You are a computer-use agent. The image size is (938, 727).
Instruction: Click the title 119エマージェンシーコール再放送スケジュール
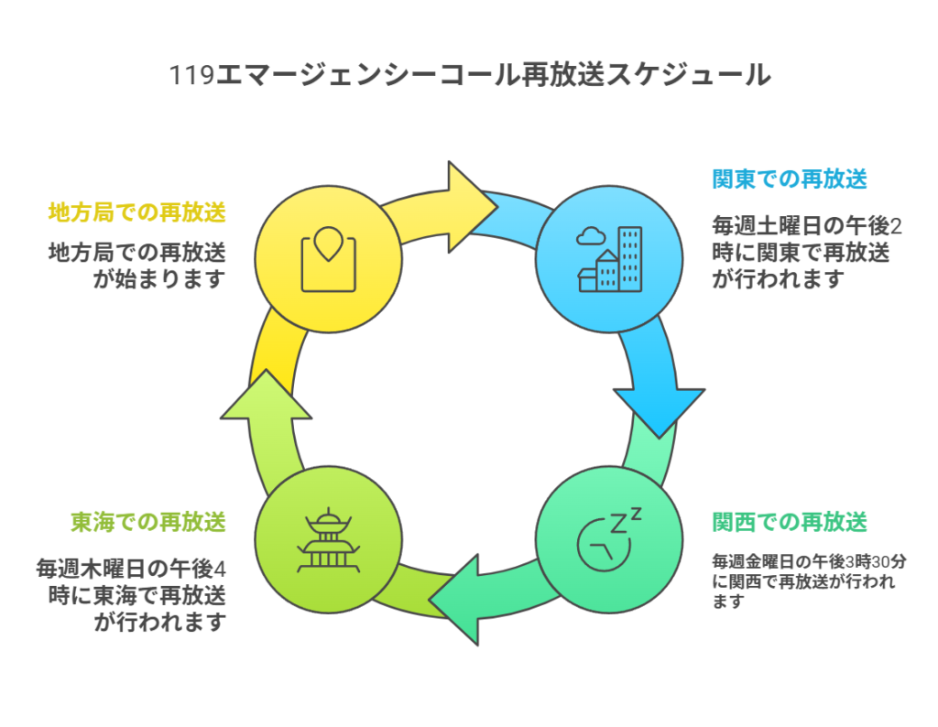(x=469, y=75)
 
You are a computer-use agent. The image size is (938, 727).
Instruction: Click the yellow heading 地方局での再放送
(x=136, y=212)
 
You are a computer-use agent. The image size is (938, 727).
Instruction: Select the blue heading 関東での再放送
(x=790, y=179)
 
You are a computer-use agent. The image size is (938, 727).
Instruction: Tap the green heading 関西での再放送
(x=790, y=523)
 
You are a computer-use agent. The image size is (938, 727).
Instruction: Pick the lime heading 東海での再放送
(x=148, y=523)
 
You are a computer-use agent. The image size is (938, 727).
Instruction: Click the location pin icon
(x=328, y=247)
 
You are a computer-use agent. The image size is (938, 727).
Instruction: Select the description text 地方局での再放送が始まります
(x=136, y=265)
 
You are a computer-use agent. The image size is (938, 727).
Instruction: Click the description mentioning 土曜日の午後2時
(x=806, y=252)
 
